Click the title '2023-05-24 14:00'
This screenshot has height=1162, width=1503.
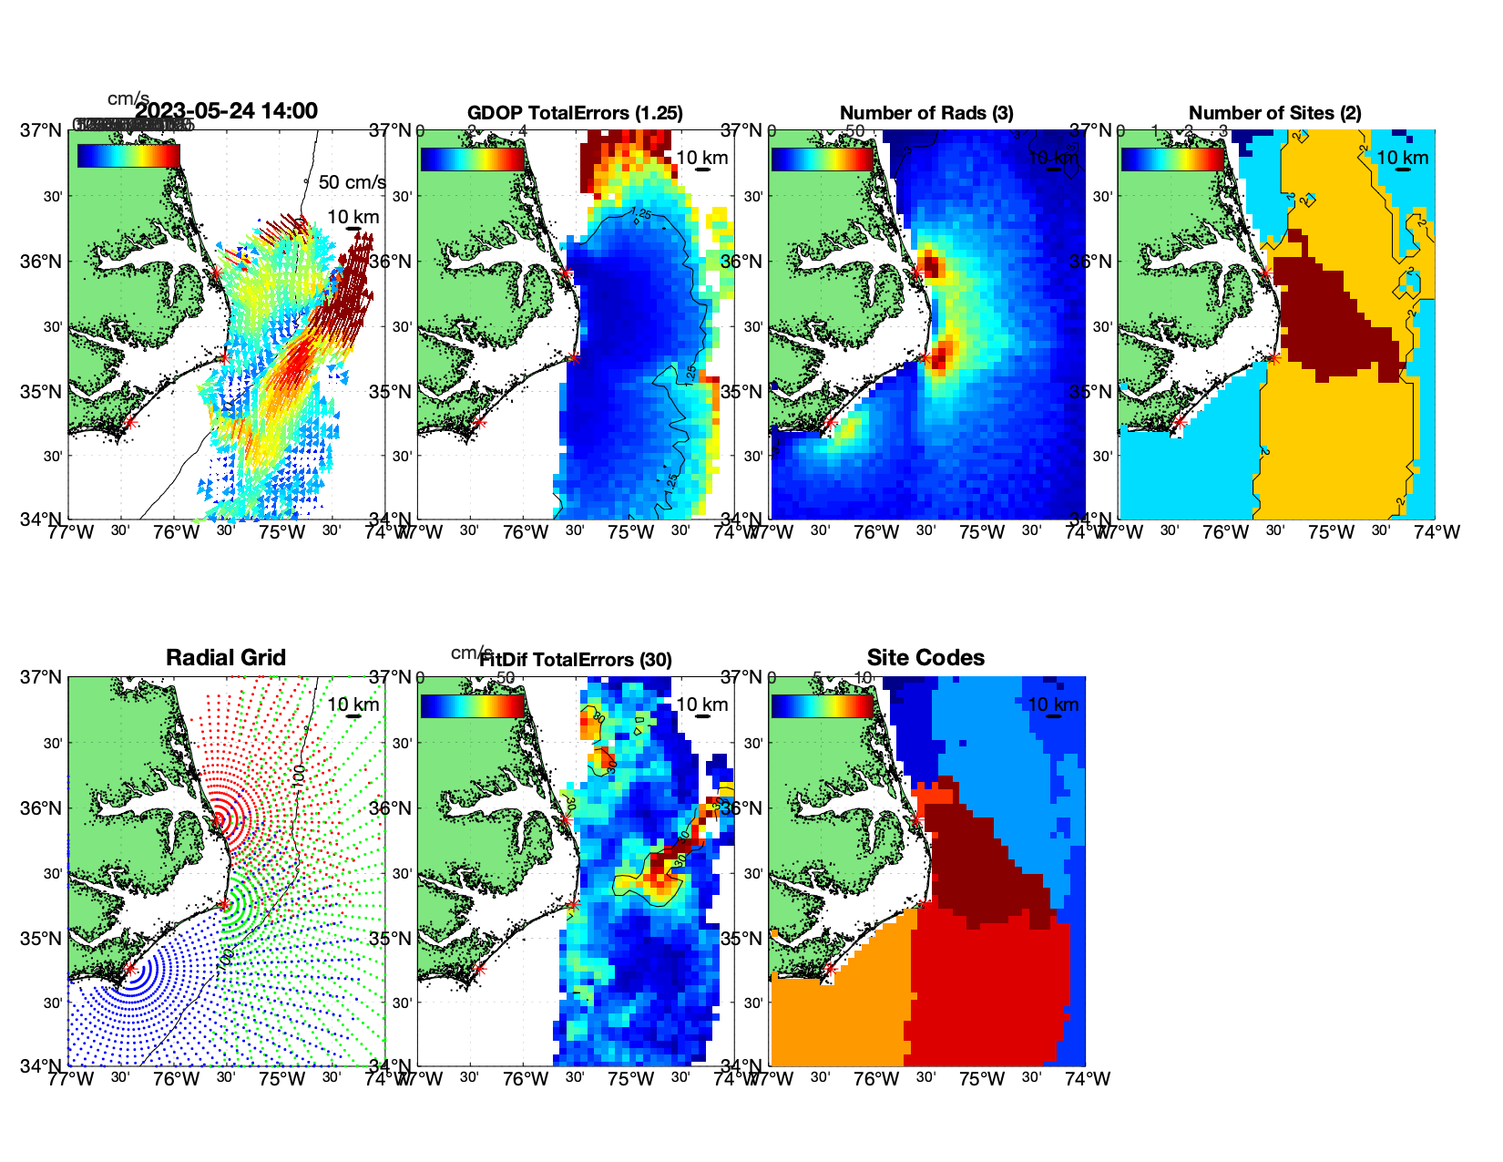click(226, 111)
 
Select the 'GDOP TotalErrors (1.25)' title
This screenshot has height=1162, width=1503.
click(575, 113)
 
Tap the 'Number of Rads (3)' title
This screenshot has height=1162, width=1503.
click(925, 113)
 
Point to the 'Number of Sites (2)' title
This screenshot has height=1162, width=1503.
click(1274, 113)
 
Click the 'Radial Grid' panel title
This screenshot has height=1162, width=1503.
click(226, 658)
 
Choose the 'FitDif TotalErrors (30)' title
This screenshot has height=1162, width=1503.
click(575, 660)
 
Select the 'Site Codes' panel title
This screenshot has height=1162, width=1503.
click(925, 658)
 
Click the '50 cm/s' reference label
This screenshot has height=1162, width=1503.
click(352, 182)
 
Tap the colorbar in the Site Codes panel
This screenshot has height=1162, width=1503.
click(823, 706)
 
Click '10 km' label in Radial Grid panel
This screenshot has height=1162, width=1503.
click(353, 704)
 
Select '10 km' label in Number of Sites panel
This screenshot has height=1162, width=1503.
click(1403, 158)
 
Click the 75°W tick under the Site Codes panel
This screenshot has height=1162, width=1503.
click(982, 1079)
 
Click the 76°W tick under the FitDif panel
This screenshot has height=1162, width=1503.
click(526, 1079)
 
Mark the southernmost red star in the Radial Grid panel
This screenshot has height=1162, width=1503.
click(130, 970)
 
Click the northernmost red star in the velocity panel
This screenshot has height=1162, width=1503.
click(217, 273)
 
